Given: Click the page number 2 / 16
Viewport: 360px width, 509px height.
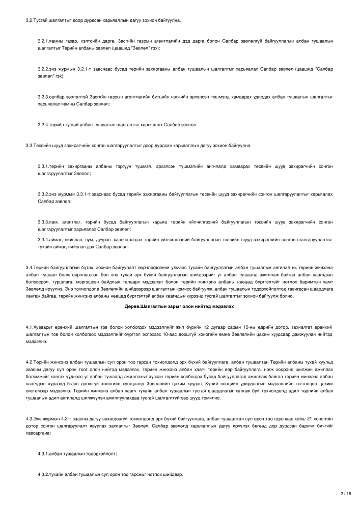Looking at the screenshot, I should coord(346,493).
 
